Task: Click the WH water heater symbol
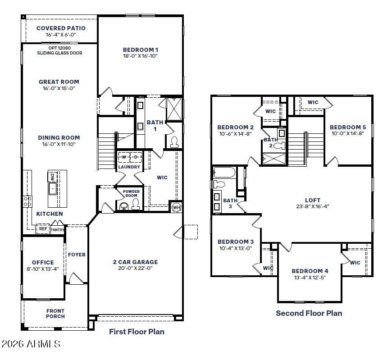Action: click(177, 207)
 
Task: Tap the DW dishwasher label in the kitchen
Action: click(52, 177)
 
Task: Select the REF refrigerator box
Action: click(43, 229)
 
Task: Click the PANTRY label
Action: click(57, 230)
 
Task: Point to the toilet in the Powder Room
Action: click(134, 205)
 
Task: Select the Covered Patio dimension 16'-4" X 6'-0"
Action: click(61, 35)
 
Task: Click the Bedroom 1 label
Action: click(141, 50)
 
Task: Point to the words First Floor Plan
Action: click(137, 332)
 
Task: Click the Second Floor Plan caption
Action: click(309, 313)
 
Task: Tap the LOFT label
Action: click(312, 201)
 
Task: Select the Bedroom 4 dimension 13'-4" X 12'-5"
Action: click(310, 278)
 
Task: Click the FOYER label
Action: click(77, 255)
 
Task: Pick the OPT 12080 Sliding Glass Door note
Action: click(60, 50)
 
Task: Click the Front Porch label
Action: click(55, 314)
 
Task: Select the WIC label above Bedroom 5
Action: click(313, 102)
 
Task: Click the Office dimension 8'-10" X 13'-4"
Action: click(43, 269)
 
